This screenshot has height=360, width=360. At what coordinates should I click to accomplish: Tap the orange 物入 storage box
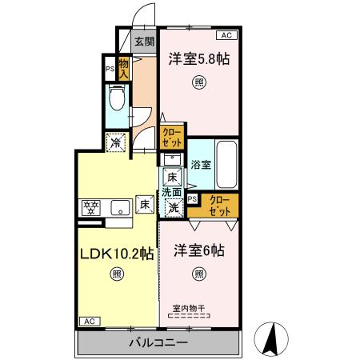click(124, 68)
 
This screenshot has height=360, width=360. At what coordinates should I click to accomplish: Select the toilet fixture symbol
click(116, 101)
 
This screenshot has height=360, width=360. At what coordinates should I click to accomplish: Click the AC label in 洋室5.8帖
click(226, 35)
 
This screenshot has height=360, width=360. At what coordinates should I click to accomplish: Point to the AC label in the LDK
click(90, 321)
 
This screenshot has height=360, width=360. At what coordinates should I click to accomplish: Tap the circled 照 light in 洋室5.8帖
click(198, 82)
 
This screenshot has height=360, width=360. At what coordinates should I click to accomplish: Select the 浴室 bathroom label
click(200, 165)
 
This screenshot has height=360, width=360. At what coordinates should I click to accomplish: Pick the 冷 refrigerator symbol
click(117, 144)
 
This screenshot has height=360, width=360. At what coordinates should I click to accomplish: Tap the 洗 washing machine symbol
click(173, 207)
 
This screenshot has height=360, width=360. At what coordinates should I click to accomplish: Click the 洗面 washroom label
click(172, 192)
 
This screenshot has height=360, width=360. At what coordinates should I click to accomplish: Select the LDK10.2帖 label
click(116, 254)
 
